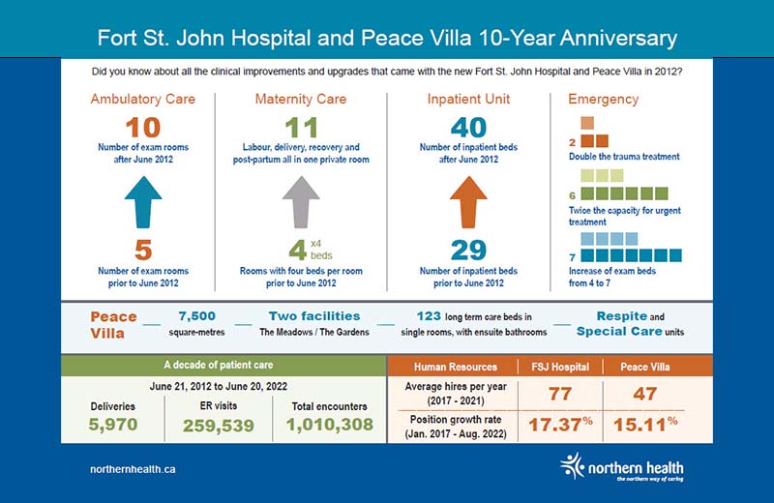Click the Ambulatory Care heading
pos(142,99)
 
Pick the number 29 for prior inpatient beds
pos(467,251)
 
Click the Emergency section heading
pos(604,99)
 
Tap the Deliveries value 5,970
pos(114,424)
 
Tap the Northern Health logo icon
pos(574,466)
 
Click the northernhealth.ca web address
pos(132,469)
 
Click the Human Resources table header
pos(455,367)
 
